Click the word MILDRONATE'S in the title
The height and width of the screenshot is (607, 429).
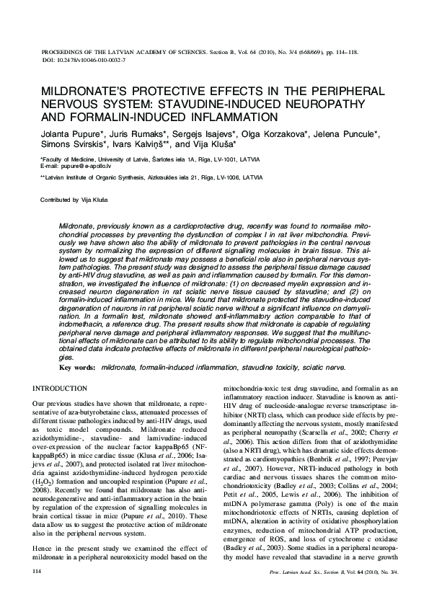click(88, 94)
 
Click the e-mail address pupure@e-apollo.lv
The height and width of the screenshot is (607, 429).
click(88, 166)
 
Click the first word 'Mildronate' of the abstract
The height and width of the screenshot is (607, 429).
click(76, 226)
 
